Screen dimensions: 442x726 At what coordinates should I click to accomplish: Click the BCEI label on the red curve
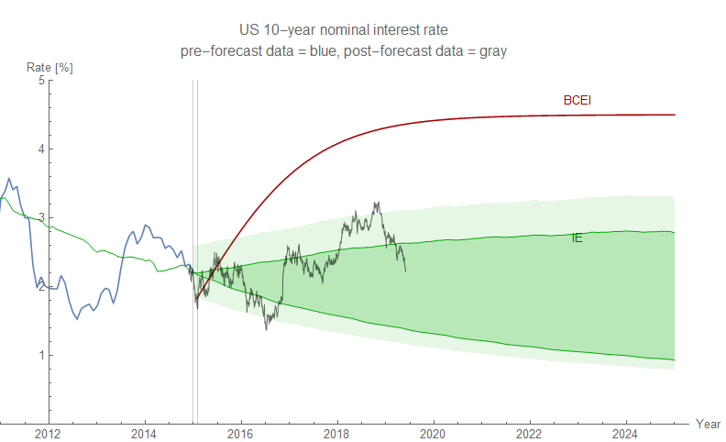tap(577, 100)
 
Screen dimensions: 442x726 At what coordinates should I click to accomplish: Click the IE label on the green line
tap(577, 238)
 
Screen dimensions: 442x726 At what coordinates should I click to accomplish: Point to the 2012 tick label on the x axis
tap(48, 433)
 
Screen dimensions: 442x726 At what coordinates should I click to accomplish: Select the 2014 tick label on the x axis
tap(144, 433)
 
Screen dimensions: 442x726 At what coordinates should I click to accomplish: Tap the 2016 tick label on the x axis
tap(240, 433)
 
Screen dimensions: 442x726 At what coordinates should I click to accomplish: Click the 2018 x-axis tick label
tap(336, 433)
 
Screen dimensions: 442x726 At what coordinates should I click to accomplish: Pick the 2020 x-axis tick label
tap(433, 433)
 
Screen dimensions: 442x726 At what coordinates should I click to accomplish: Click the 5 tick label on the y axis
tap(40, 81)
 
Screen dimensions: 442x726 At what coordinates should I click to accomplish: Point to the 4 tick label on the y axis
tap(40, 149)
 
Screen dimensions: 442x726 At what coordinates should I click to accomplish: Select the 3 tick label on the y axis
tap(40, 218)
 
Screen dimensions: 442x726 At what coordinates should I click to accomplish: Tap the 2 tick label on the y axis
tap(40, 287)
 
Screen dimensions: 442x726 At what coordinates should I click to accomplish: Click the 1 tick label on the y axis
tap(40, 356)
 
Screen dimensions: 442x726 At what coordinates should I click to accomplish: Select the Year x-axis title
tap(708, 424)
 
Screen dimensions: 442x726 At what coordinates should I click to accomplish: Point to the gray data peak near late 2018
tap(376, 204)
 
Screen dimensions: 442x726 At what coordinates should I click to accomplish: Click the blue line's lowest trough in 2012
tap(77, 319)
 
